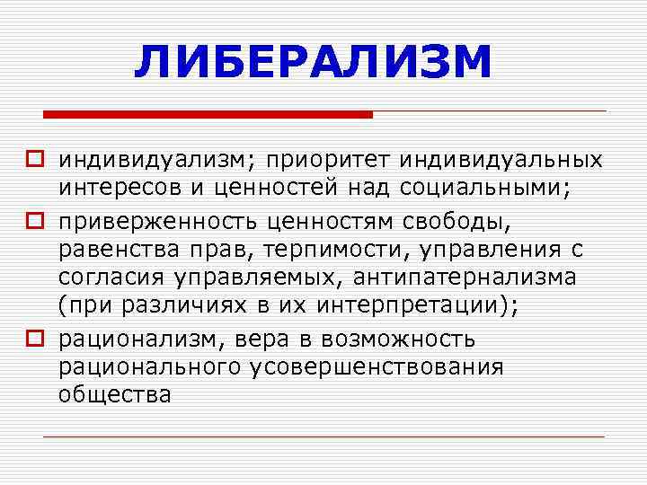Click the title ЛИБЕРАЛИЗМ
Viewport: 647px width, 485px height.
314,62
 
